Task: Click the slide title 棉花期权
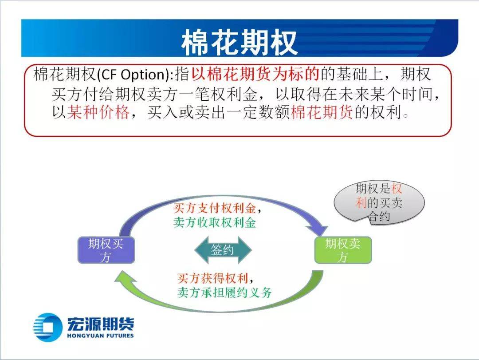(x=239, y=42)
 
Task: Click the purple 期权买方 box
(x=106, y=250)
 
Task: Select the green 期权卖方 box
(x=343, y=250)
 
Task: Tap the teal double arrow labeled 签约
(x=223, y=250)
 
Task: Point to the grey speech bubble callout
(x=379, y=202)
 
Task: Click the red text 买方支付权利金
(x=215, y=208)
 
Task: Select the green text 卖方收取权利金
(x=215, y=222)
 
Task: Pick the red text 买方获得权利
(x=212, y=278)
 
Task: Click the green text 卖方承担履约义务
(x=224, y=293)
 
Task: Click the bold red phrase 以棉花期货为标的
(x=255, y=74)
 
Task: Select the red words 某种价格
(x=98, y=112)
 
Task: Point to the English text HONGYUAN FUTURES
(x=100, y=336)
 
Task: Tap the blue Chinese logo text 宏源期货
(x=100, y=324)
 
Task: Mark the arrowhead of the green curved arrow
(x=125, y=277)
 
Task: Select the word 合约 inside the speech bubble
(x=379, y=217)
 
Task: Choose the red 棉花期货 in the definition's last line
(x=322, y=112)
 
